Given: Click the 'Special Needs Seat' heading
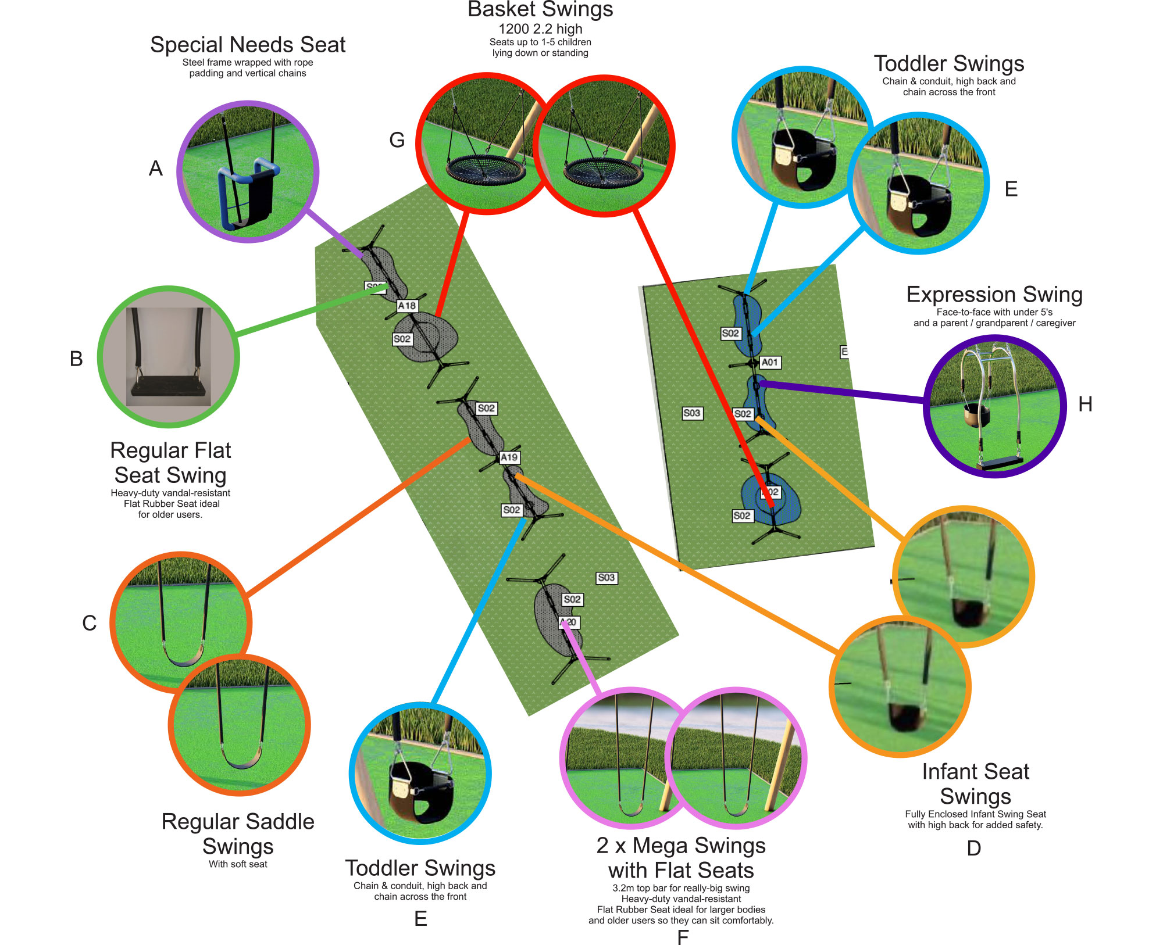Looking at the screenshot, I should pyautogui.click(x=248, y=45).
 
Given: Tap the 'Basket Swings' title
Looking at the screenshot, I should pyautogui.click(x=540, y=10).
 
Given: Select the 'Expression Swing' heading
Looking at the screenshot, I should pyautogui.click(x=994, y=295).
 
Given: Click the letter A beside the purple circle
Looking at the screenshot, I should pyautogui.click(x=156, y=169).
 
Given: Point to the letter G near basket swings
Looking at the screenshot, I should pyautogui.click(x=397, y=140).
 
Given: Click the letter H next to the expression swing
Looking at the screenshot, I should pyautogui.click(x=1085, y=404).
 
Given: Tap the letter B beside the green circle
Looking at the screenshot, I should pyautogui.click(x=76, y=359).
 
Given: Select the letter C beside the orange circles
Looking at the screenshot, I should pyautogui.click(x=89, y=623).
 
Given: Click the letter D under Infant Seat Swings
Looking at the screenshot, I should pyautogui.click(x=974, y=849).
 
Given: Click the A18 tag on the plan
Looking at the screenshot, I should pyautogui.click(x=407, y=306).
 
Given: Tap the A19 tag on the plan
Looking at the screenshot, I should pyautogui.click(x=509, y=457).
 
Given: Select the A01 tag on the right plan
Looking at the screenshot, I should pyautogui.click(x=770, y=363).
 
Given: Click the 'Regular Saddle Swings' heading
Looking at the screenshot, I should pyautogui.click(x=238, y=834).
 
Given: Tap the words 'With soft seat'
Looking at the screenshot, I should pyautogui.click(x=238, y=864).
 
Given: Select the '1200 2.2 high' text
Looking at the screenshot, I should pyautogui.click(x=540, y=29).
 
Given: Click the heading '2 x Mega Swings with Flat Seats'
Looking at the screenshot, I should pyautogui.click(x=681, y=858).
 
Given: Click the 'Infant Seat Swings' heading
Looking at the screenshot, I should pyautogui.click(x=975, y=784).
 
